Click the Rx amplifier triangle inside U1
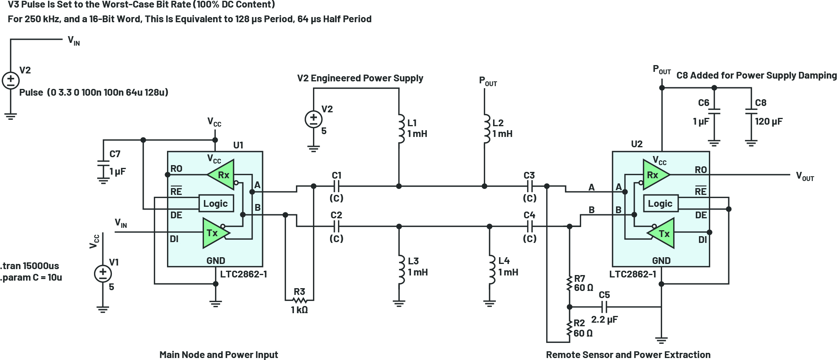click(x=221, y=175)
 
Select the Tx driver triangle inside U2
click(x=662, y=233)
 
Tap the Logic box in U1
click(x=215, y=204)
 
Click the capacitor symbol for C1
click(x=336, y=186)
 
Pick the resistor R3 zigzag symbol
click(x=300, y=300)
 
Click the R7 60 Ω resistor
click(x=570, y=284)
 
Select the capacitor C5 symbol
click(x=604, y=307)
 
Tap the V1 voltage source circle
click(x=103, y=273)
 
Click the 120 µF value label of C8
click(x=769, y=121)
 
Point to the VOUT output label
click(x=804, y=176)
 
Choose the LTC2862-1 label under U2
click(x=633, y=274)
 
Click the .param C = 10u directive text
click(x=31, y=277)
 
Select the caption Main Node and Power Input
click(x=219, y=354)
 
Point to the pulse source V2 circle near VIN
click(x=11, y=80)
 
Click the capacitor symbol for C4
click(x=530, y=226)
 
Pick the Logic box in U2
click(x=660, y=204)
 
